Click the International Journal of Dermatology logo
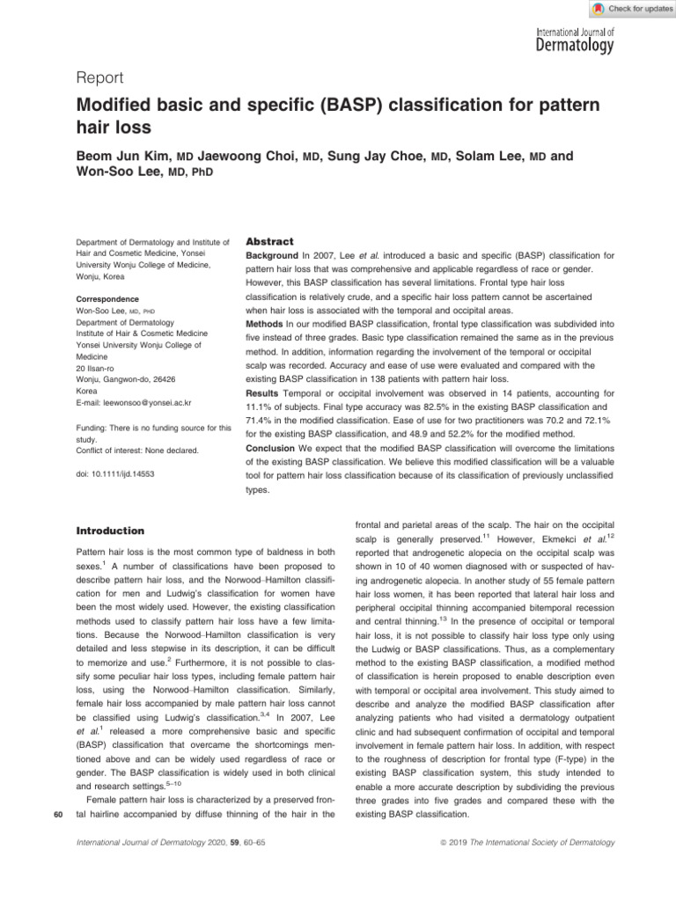[x=575, y=40]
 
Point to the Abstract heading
[x=269, y=240]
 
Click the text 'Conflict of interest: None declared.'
[x=136, y=450]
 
